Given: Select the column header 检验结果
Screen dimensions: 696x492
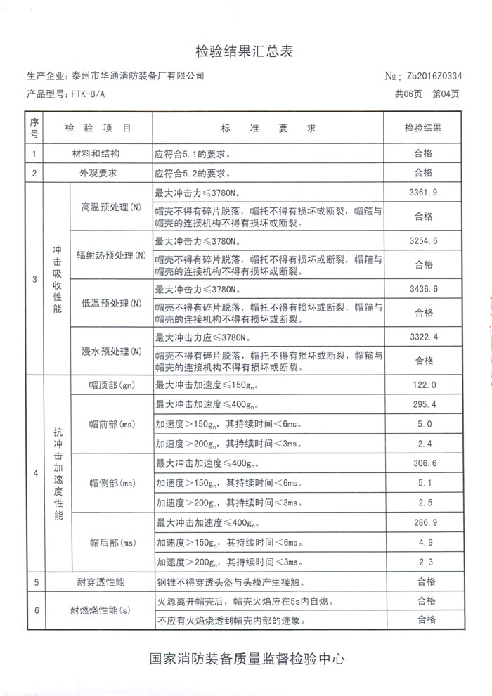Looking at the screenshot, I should pyautogui.click(x=422, y=128).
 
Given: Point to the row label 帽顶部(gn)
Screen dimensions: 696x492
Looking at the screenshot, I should pyautogui.click(x=111, y=385).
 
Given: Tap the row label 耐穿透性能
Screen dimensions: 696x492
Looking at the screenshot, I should pyautogui.click(x=100, y=582).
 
